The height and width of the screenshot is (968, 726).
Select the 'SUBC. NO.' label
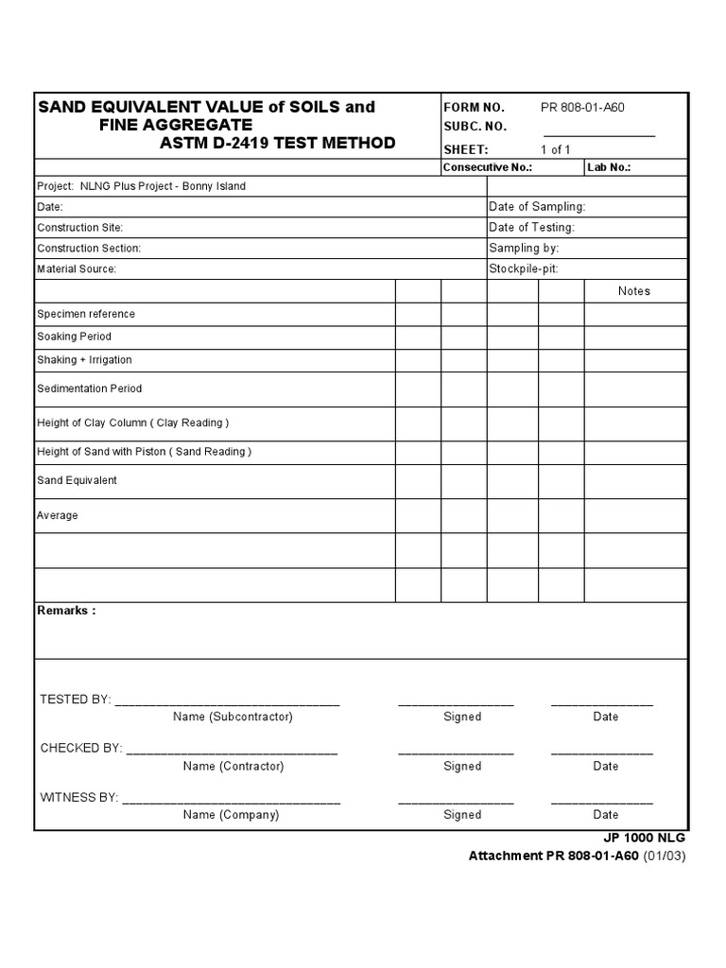(475, 127)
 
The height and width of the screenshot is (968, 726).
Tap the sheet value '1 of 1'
(555, 149)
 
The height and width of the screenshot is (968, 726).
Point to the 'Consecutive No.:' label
(488, 167)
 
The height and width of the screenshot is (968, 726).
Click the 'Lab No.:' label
(609, 167)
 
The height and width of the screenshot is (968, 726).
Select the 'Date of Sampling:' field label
(537, 207)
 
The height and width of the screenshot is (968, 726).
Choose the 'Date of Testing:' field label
(531, 228)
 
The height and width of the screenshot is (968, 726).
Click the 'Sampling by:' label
(524, 249)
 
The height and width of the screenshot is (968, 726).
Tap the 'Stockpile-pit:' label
(526, 269)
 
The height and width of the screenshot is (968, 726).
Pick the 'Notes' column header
(634, 291)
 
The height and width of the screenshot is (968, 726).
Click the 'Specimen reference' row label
(86, 314)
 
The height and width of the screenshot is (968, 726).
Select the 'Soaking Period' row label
(74, 337)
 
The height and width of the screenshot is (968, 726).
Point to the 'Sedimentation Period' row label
(90, 389)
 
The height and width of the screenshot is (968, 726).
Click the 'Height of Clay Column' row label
(132, 423)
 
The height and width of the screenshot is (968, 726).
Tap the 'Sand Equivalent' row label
(78, 480)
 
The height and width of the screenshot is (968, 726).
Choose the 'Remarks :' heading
(66, 611)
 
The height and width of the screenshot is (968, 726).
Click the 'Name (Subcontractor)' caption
(233, 717)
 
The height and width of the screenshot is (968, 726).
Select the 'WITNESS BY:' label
(78, 798)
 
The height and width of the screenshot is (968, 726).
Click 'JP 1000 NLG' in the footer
(644, 838)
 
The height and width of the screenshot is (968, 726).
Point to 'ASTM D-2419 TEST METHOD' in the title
(278, 144)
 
